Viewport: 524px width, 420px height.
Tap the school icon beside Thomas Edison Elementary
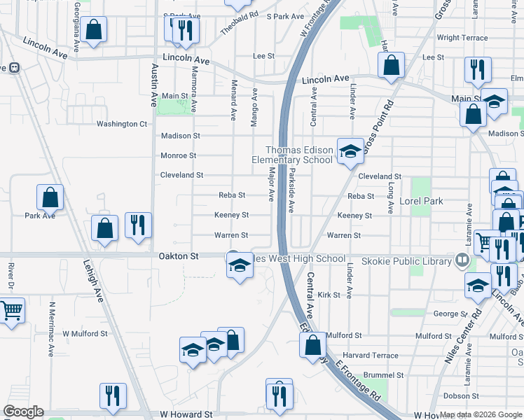pyautogui.click(x=348, y=150)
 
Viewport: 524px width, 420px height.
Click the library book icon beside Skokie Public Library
pyautogui.click(x=461, y=260)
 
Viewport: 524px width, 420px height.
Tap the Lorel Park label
pyautogui.click(x=421, y=201)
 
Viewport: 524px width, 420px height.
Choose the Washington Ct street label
pyautogui.click(x=121, y=124)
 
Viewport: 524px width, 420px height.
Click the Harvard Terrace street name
pyautogui.click(x=371, y=356)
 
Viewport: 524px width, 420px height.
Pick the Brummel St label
pyautogui.click(x=380, y=375)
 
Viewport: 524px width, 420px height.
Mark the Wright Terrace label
pyautogui.click(x=462, y=38)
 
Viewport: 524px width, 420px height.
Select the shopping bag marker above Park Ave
pyautogui.click(x=50, y=197)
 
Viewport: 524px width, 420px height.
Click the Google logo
pyautogui.click(x=22, y=412)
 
